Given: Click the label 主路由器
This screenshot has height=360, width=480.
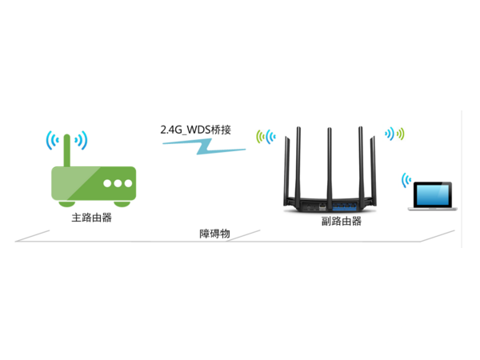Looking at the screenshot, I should pyautogui.click(x=90, y=217).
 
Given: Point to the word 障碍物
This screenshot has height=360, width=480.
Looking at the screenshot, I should pyautogui.click(x=214, y=234).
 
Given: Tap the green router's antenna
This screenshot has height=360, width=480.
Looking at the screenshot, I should pyautogui.click(x=69, y=147).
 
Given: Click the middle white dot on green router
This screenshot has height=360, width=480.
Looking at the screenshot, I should pyautogui.click(x=118, y=183).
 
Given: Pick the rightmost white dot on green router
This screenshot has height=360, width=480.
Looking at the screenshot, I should pyautogui.click(x=128, y=183).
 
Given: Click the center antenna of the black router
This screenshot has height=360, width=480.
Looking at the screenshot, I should pyautogui.click(x=330, y=156).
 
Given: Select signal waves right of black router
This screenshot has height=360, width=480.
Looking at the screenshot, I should pyautogui.click(x=395, y=133).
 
